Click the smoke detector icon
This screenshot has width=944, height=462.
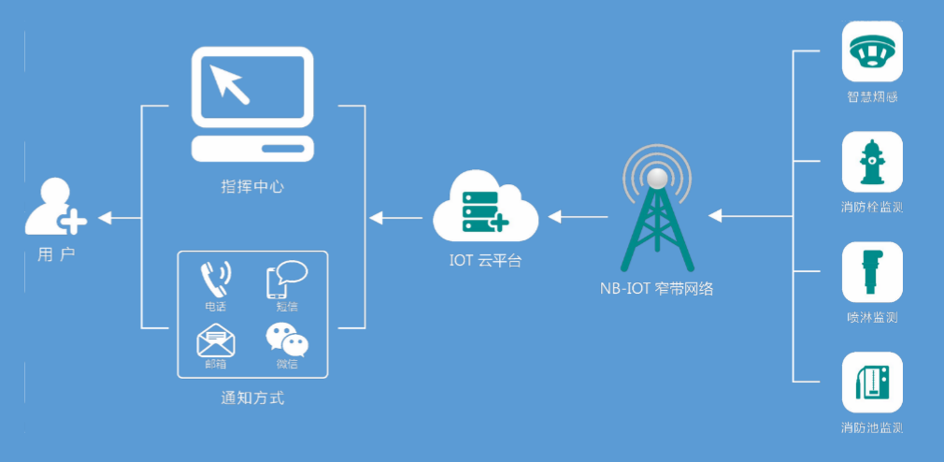pyautogui.click(x=872, y=51)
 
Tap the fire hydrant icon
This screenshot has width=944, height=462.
pyautogui.click(x=872, y=162)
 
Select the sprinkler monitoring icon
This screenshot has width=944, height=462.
pyautogui.click(x=872, y=272)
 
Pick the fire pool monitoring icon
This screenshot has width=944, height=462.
pyautogui.click(x=872, y=383)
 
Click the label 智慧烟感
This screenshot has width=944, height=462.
pyautogui.click(x=872, y=96)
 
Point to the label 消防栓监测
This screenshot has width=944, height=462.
pyautogui.click(x=872, y=207)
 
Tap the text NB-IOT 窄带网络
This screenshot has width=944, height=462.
pyautogui.click(x=657, y=288)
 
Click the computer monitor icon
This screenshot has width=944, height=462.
pyautogui.click(x=252, y=103)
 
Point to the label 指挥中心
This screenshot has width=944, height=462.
pyautogui.click(x=252, y=186)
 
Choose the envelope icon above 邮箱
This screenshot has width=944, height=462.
pyautogui.click(x=215, y=339)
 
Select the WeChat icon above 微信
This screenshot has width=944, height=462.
pyautogui.click(x=287, y=339)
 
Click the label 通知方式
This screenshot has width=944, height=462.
pyautogui.click(x=252, y=398)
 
